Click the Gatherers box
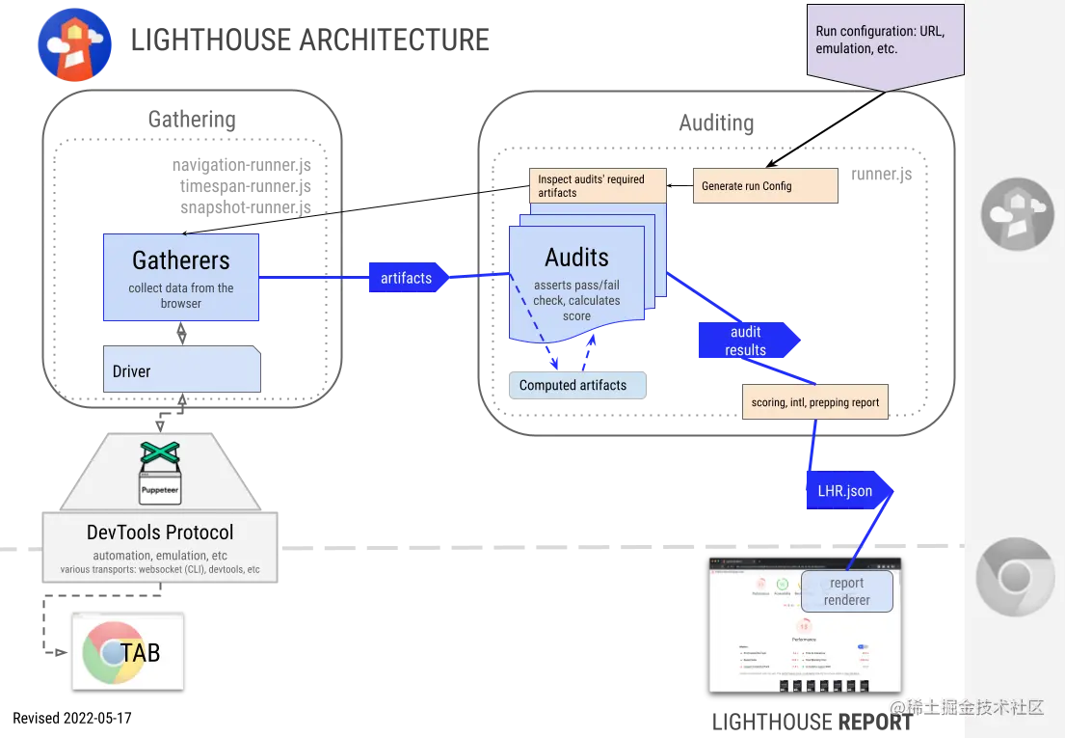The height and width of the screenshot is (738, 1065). (x=181, y=277)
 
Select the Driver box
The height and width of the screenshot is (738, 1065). (x=181, y=370)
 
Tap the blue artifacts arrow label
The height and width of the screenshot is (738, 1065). (x=406, y=278)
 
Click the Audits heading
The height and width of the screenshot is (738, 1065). (x=576, y=258)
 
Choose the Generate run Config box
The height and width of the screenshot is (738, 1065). (x=765, y=186)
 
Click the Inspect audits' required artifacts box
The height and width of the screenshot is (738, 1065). (x=598, y=185)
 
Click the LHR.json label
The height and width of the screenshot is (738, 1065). (x=839, y=491)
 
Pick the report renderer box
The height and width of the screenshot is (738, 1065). (x=846, y=591)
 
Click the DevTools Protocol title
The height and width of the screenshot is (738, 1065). (x=160, y=533)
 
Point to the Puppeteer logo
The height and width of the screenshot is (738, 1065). (x=160, y=473)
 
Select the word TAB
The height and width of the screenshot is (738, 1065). (x=141, y=652)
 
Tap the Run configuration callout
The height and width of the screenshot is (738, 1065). (x=883, y=40)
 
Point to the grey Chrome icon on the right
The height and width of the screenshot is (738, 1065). (x=1014, y=577)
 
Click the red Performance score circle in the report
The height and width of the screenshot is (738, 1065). (x=804, y=625)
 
